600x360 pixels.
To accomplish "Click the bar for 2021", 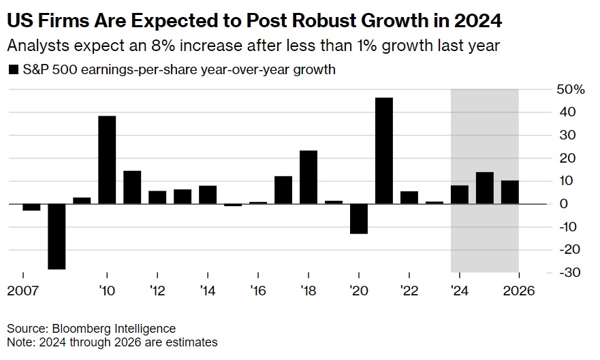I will pyautogui.click(x=383, y=150).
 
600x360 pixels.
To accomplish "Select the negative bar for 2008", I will pyautogui.click(x=57, y=236).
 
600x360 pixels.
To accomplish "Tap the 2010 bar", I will pyautogui.click(x=107, y=160).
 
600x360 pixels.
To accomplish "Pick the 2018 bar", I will pyautogui.click(x=309, y=177).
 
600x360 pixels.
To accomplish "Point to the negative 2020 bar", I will pyautogui.click(x=359, y=218).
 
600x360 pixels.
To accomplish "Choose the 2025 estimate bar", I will pyautogui.click(x=484, y=188).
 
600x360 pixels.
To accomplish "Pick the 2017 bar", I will pyautogui.click(x=283, y=190).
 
